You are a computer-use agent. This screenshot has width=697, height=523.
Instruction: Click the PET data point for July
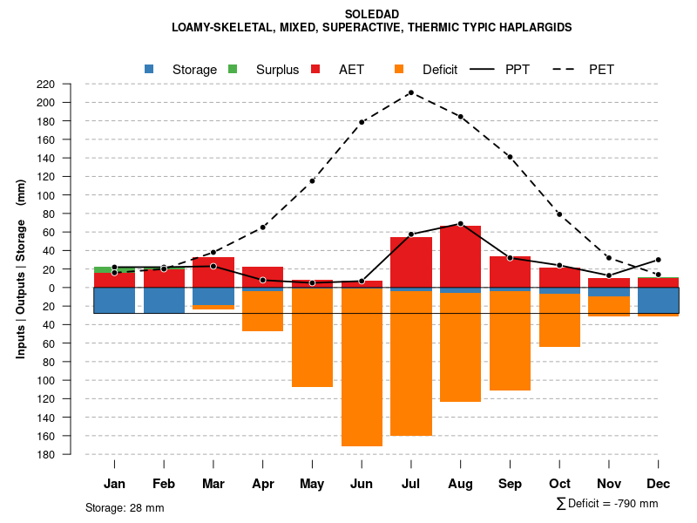[411, 92]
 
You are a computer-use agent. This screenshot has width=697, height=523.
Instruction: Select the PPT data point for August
[460, 224]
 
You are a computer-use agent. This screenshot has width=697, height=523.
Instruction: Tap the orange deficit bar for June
[362, 367]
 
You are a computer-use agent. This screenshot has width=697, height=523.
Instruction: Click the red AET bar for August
[460, 256]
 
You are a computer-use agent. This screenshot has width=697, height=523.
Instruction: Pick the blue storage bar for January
[114, 300]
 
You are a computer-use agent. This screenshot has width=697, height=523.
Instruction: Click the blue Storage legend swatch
[150, 69]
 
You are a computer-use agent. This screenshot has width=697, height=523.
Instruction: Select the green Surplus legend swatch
[233, 69]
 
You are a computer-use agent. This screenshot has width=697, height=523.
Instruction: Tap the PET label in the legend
[601, 70]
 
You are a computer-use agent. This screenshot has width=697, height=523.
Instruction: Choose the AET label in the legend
[351, 70]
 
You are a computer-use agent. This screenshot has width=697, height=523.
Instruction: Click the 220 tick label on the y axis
[71, 84]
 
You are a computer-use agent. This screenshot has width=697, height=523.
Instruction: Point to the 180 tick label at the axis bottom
[71, 454]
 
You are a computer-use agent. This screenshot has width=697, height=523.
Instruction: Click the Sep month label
[510, 484]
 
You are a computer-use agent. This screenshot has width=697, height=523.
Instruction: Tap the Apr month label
[262, 484]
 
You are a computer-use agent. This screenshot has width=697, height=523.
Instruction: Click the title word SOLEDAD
[372, 15]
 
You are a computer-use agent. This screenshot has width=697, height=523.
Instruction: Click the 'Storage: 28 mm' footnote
[125, 507]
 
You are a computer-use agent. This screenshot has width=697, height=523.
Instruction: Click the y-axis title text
[21, 268]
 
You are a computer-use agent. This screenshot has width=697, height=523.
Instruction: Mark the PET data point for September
[510, 157]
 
